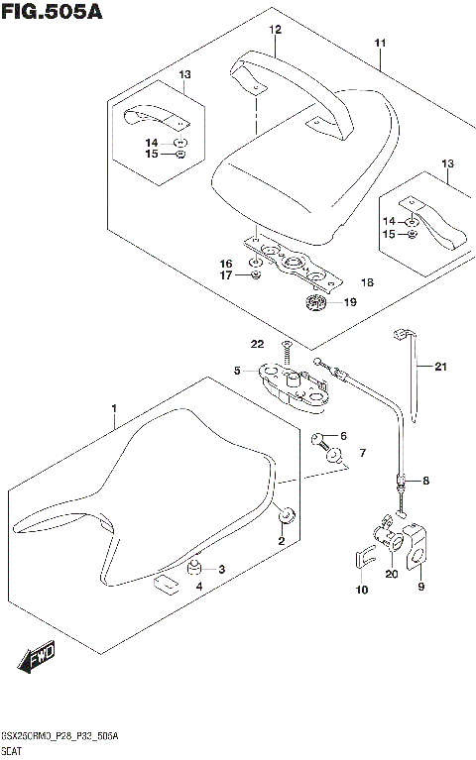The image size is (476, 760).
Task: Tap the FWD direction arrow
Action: [x=37, y=654]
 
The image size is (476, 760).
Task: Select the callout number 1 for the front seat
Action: [x=114, y=409]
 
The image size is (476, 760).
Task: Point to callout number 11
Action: [x=380, y=44]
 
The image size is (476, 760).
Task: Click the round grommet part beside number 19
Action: [x=315, y=302]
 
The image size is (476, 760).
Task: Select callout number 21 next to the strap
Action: [x=440, y=368]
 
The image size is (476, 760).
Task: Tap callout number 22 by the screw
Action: [x=257, y=344]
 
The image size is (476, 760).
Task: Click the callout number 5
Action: [x=238, y=371]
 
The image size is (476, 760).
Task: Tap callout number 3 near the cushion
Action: [x=221, y=569]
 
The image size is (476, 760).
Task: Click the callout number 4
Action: [x=198, y=587]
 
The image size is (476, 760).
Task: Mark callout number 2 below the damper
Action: [x=281, y=541]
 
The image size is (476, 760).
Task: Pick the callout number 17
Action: [x=226, y=275]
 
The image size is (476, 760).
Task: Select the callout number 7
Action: [x=363, y=453]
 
